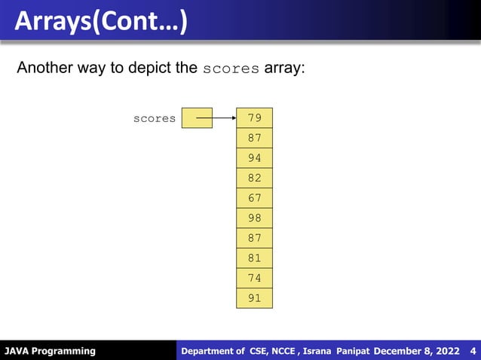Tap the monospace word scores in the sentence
pos(231,69)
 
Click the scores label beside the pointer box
pos(155,118)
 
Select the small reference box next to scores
pos(198,118)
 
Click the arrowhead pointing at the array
pos(231,118)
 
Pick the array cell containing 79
pos(254,118)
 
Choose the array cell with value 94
pos(254,158)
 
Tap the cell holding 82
pos(254,178)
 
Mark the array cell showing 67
pos(254,198)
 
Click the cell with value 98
pos(254,218)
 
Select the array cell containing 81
pos(254,258)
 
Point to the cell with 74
pos(254,278)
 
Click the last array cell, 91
pos(254,298)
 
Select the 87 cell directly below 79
pos(254,139)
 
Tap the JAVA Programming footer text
pos(51,351)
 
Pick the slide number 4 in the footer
pos(472,351)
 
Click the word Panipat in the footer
pos(354,351)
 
